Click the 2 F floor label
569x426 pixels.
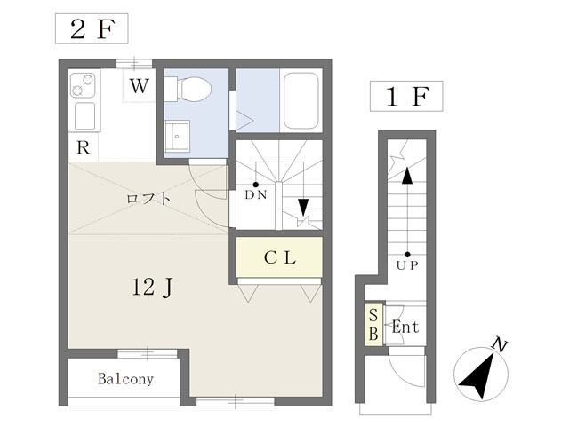coord(92,29)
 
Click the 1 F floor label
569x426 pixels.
coord(407,97)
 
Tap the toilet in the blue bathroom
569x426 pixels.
coord(190,88)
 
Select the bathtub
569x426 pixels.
coord(301,100)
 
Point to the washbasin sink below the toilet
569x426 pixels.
coord(177,136)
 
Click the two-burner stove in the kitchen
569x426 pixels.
coord(83,85)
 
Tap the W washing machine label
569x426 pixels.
coord(140,86)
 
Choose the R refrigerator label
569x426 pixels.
coord(83,147)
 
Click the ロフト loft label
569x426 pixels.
coord(148,199)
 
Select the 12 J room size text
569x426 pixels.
coord(152,288)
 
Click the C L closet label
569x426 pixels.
coord(280,257)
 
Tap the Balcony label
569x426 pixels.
coord(125,379)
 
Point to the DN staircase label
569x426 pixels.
coord(256,195)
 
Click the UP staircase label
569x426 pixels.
coord(407,265)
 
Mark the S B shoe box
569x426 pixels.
coord(373,324)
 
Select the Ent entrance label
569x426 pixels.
coord(405,327)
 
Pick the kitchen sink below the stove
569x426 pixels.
coord(85,116)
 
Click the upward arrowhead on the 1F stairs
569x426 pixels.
coord(407,176)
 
